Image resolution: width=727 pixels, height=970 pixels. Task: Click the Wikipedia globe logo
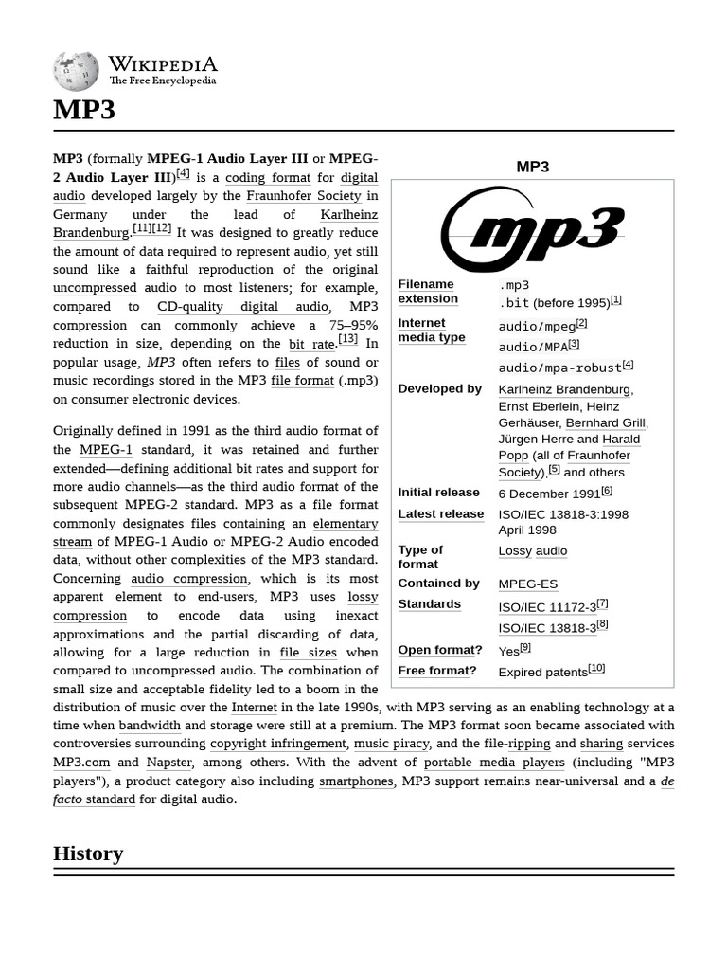click(x=76, y=71)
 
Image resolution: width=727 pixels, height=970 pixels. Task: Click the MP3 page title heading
click(x=84, y=110)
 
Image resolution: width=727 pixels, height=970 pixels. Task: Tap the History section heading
click(x=88, y=853)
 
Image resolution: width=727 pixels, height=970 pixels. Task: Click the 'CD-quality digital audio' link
click(x=242, y=306)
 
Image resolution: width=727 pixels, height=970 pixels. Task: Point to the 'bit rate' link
click(x=311, y=344)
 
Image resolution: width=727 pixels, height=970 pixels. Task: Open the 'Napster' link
click(x=169, y=762)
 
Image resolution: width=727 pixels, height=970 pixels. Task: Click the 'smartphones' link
click(x=356, y=781)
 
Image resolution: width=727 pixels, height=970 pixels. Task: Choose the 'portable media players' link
click(x=493, y=762)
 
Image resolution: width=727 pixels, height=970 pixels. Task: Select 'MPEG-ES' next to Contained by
click(x=527, y=584)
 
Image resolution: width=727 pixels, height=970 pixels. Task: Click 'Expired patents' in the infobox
click(x=542, y=672)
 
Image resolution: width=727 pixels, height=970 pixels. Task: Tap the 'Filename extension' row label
click(x=428, y=292)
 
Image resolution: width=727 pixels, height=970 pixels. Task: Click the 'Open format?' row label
click(x=439, y=650)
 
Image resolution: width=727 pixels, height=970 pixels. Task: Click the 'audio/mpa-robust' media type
click(x=559, y=368)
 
